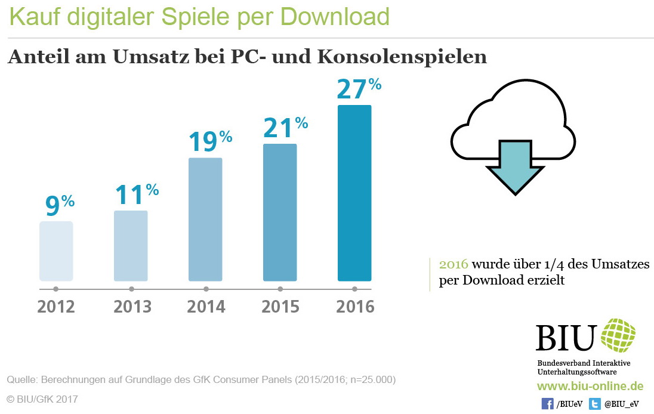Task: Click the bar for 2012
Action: pyautogui.click(x=56, y=251)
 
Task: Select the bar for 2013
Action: pyautogui.click(x=131, y=245)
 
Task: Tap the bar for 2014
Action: pyautogui.click(x=205, y=219)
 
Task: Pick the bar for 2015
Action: pyautogui.click(x=280, y=212)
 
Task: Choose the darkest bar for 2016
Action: pyautogui.click(x=354, y=193)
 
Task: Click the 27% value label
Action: pyautogui.click(x=359, y=89)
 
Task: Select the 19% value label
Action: pyautogui.click(x=210, y=142)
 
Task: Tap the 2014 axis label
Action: pyautogui.click(x=206, y=307)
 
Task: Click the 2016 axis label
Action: pyautogui.click(x=355, y=307)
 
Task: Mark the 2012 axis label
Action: pyautogui.click(x=56, y=307)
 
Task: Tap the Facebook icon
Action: pyautogui.click(x=547, y=404)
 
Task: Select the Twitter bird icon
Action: pyautogui.click(x=595, y=404)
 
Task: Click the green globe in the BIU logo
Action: pyautogui.click(x=618, y=336)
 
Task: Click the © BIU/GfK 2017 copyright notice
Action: pyautogui.click(x=42, y=398)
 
